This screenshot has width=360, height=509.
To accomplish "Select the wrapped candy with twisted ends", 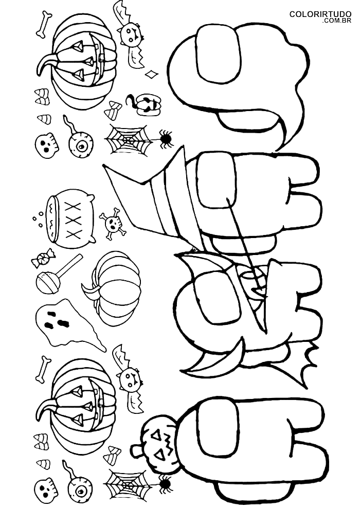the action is point(43,258).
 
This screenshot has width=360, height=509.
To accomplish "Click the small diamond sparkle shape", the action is point(152,75).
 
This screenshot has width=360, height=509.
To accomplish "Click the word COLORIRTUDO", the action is point(320,14).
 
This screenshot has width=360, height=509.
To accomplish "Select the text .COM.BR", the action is point(337,21).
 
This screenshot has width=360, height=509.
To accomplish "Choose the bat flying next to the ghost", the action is point(129,378).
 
